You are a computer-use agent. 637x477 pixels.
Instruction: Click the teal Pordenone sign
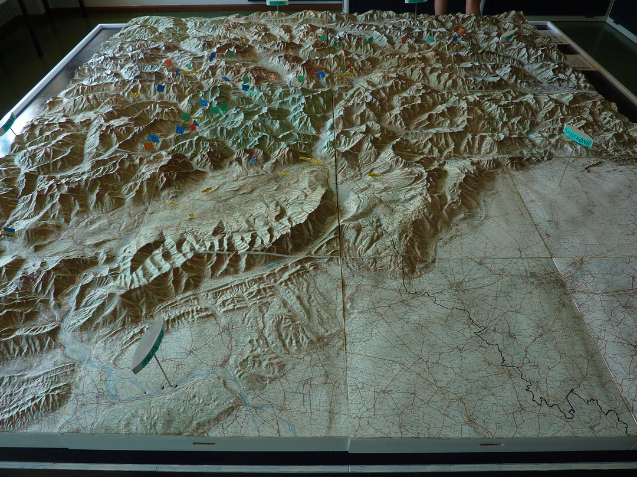pos(577,135)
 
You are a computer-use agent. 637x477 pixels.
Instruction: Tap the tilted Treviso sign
pos(148,345)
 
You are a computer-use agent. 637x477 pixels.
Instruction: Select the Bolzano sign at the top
pos(277,3)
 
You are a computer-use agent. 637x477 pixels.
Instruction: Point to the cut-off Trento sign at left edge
pos(8,123)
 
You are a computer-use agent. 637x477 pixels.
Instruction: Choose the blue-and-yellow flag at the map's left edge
pos(9,232)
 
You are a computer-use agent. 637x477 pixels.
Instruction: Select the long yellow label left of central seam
pos(311,160)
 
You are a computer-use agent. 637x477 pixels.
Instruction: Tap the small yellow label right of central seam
pos(374,175)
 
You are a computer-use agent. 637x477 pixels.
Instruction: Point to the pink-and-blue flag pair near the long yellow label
pos(254,158)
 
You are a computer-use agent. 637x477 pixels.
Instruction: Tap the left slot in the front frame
pos(204,443)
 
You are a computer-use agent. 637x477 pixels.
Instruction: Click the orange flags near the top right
pos(459,30)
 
